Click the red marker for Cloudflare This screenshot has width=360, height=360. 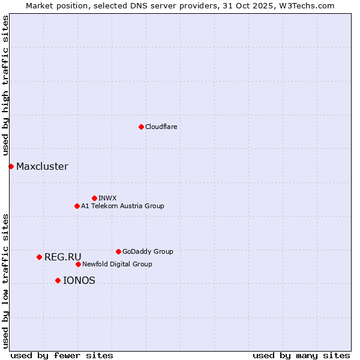pyautogui.click(x=141, y=127)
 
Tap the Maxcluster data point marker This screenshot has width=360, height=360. pyautogui.click(x=11, y=166)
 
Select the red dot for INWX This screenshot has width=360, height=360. pyautogui.click(x=94, y=198)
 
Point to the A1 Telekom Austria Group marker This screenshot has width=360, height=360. pyautogui.click(x=77, y=206)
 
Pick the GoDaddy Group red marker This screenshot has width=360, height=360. pyautogui.click(x=118, y=251)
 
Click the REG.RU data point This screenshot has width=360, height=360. pyautogui.click(x=39, y=257)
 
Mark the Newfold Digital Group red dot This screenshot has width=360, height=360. pyautogui.click(x=78, y=264)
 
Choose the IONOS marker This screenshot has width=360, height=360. pyautogui.click(x=58, y=280)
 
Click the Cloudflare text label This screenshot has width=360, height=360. pyautogui.click(x=161, y=127)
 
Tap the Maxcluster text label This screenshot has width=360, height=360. pyautogui.click(x=42, y=166)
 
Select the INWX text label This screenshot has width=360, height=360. pyautogui.click(x=107, y=198)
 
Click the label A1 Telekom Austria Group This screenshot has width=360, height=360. pyautogui.click(x=122, y=206)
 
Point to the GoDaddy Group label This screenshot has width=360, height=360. pyautogui.click(x=148, y=251)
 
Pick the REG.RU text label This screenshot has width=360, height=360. pyautogui.click(x=62, y=257)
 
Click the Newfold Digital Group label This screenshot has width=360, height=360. pyautogui.click(x=117, y=264)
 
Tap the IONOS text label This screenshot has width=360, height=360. pyautogui.click(x=79, y=280)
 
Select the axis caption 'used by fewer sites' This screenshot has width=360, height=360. pyautogui.click(x=62, y=355)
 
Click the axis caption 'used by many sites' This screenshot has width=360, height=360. pyautogui.click(x=301, y=355)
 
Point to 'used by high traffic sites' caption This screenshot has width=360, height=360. pyautogui.click(x=5, y=86)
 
